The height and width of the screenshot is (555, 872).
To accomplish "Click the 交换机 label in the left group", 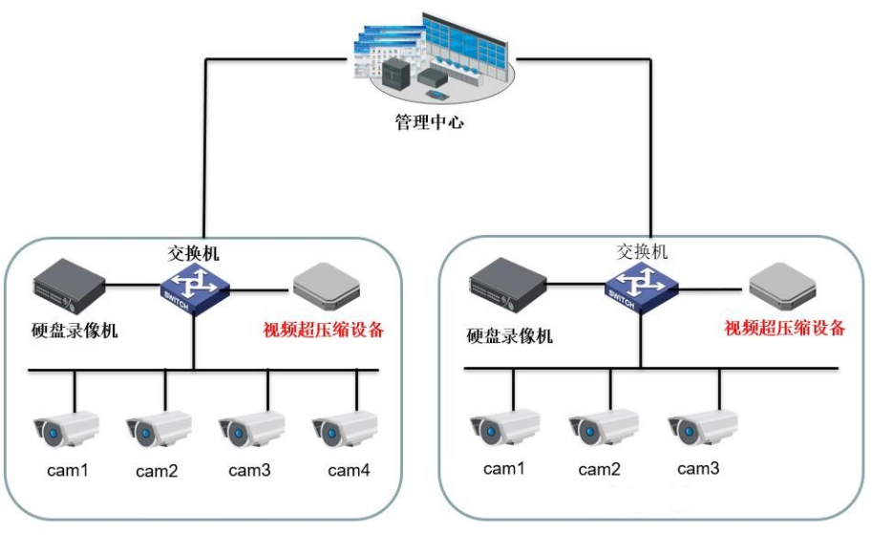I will click(194, 254).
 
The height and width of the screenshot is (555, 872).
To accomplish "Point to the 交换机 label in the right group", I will click(642, 251).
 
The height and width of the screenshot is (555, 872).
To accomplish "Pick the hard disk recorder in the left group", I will click(68, 283).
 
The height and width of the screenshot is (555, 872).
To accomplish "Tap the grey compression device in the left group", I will click(326, 283).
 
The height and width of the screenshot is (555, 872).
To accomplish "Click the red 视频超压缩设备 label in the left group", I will click(324, 331).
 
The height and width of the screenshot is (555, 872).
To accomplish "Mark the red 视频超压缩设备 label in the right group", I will click(785, 329).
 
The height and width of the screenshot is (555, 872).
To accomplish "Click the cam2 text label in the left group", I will click(159, 471).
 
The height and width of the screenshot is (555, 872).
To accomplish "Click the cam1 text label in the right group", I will click(506, 469).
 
